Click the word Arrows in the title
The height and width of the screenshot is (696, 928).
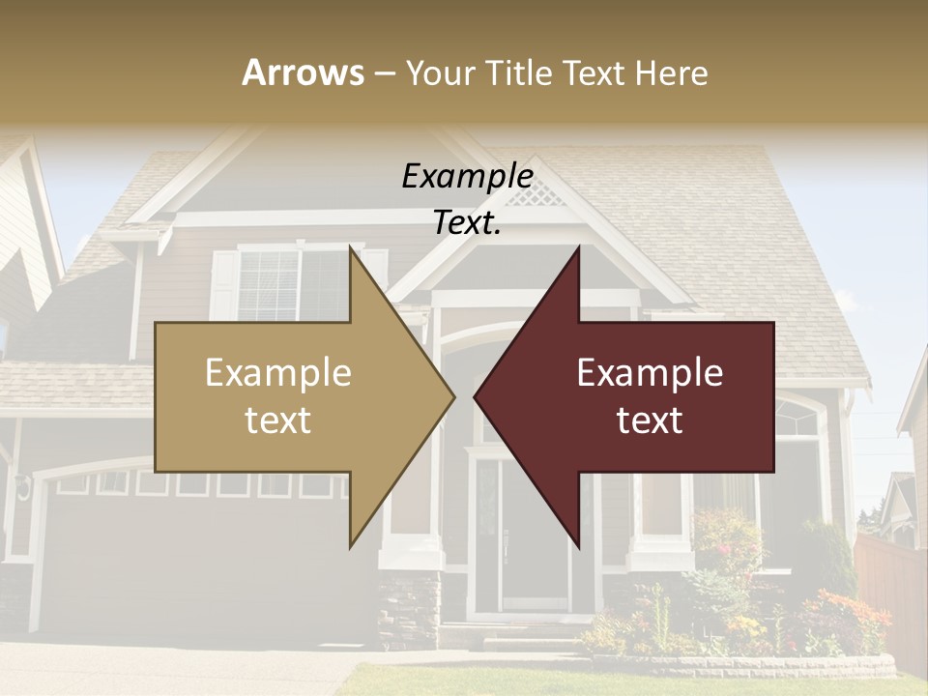click(304, 72)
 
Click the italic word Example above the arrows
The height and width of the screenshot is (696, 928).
click(467, 177)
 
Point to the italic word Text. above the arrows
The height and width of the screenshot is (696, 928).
click(467, 223)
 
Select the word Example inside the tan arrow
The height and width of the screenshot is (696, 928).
click(278, 373)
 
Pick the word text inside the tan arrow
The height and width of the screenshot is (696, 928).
click(278, 420)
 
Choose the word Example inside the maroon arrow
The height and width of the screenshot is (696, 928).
click(650, 373)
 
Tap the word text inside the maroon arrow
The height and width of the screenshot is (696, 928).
click(650, 420)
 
